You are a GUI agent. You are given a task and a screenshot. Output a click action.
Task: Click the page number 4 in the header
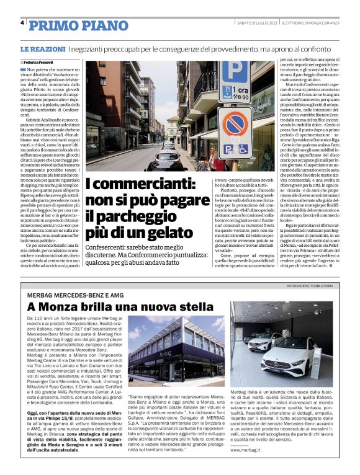22,23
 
